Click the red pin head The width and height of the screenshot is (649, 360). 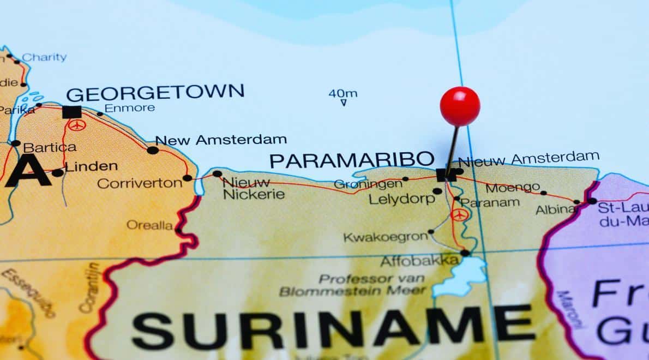[x=460, y=106]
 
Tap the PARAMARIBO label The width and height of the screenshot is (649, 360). [x=352, y=160]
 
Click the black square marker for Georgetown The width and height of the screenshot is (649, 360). [x=71, y=112]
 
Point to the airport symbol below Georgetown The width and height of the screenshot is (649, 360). [x=77, y=125]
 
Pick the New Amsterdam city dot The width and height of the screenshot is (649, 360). [x=153, y=150]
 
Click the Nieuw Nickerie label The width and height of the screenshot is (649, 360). [x=254, y=188]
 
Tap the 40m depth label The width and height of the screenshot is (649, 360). [x=342, y=93]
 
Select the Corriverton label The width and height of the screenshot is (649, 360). [x=140, y=183]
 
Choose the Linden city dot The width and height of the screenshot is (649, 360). [x=57, y=173]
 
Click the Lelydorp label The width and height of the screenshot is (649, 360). [x=401, y=199]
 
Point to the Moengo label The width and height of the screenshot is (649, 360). [x=512, y=188]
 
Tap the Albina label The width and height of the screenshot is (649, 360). [x=555, y=209]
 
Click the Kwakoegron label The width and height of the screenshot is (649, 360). [x=385, y=237]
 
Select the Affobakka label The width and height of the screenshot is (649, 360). [x=419, y=261]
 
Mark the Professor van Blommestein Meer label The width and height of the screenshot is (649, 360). [x=353, y=285]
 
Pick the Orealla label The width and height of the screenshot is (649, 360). [x=149, y=225]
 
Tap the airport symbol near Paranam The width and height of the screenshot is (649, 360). [x=459, y=214]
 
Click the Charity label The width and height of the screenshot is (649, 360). [x=44, y=57]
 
